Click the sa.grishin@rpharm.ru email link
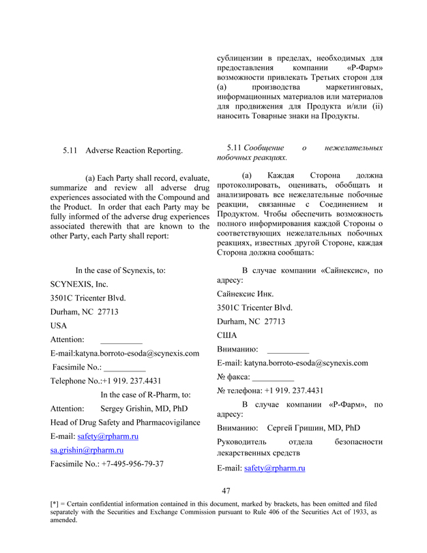(87, 450)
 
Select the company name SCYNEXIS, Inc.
(79, 284)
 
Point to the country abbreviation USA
(59, 326)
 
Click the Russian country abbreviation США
(226, 335)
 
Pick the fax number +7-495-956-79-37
(132, 464)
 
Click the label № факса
(233, 377)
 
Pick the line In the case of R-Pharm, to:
(145, 395)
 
